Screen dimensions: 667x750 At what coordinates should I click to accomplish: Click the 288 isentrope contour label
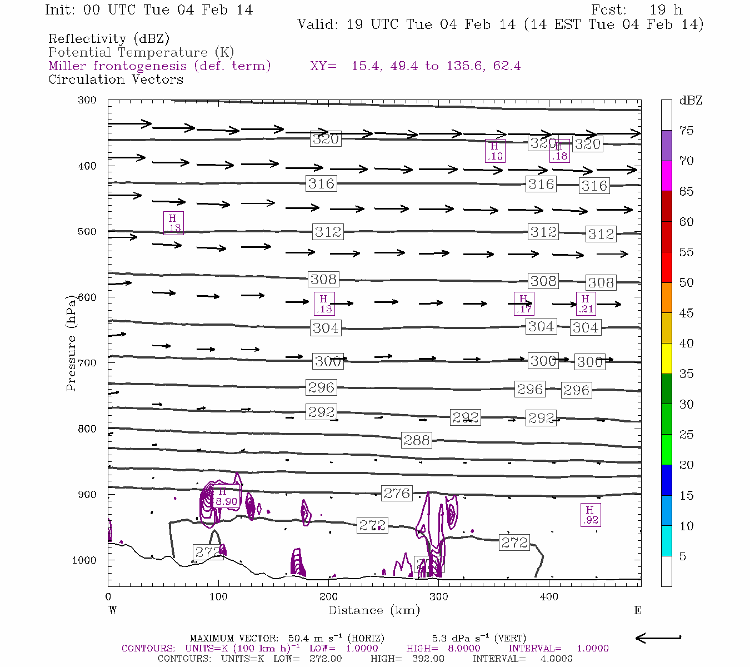pos(417,441)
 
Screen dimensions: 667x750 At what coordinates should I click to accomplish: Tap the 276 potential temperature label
pos(397,493)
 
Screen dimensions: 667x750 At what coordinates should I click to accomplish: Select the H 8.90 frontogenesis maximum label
pos(226,497)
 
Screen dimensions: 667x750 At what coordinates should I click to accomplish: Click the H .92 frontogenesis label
pos(590,515)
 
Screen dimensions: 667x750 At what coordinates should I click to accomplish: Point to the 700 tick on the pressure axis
pos(87,363)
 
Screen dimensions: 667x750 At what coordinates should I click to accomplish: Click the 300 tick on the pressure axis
pos(87,101)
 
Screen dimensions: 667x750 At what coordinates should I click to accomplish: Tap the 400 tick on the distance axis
pos(549,597)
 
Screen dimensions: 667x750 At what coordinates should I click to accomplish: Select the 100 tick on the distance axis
pos(218,597)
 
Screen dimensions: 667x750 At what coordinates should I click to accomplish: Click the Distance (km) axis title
pos(374,610)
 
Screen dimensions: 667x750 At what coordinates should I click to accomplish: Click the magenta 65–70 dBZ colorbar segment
pos(666,176)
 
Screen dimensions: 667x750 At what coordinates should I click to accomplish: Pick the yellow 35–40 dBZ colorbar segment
pos(666,359)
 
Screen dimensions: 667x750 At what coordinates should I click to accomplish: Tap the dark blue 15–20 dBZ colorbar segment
pos(666,480)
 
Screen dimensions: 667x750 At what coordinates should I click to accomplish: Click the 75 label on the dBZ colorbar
pos(687,131)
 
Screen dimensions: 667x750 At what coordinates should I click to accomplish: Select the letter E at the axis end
pos(638,610)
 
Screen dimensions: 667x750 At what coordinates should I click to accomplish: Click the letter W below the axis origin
pos(113,610)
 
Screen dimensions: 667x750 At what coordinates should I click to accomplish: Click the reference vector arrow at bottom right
pos(658,638)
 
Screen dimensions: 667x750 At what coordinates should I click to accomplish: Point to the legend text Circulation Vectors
pos(116,79)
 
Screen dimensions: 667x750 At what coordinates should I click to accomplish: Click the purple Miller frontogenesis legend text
pos(159,66)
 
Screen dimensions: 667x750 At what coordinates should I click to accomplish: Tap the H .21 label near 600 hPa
pos(586,304)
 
